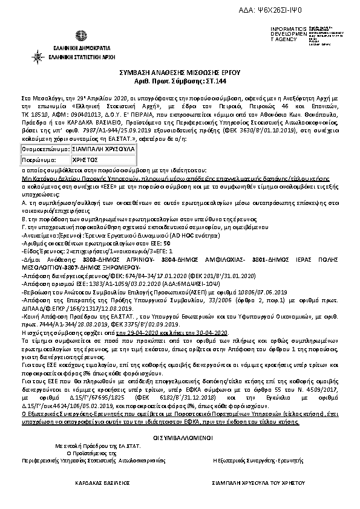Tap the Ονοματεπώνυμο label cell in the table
(x=38, y=149)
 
